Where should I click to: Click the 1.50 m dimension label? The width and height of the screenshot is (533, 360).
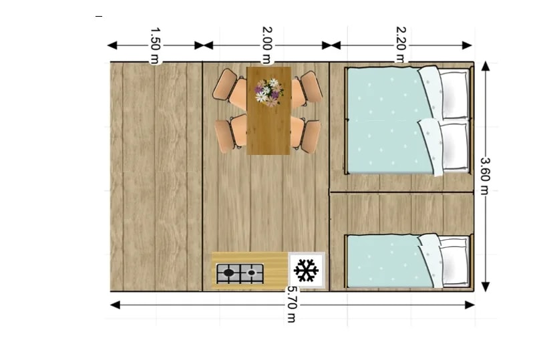point(154,46)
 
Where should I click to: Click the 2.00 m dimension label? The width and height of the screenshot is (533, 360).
point(267,45)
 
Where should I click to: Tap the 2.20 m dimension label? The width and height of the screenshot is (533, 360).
point(401,45)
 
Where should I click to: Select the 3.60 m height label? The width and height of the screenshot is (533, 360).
point(485,176)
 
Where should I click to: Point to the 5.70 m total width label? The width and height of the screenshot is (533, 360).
point(292,304)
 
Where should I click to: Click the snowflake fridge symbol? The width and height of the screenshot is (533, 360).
point(307,271)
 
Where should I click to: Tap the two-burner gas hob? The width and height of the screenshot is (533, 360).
point(240,273)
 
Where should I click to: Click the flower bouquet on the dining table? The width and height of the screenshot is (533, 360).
point(269,92)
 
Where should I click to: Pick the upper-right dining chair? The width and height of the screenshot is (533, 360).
point(307,88)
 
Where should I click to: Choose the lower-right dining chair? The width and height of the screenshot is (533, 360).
point(306,134)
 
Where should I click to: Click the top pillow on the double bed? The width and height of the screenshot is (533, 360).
point(454,94)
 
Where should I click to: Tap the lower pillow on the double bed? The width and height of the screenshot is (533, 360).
point(454,146)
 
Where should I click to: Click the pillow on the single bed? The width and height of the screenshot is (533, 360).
point(454,261)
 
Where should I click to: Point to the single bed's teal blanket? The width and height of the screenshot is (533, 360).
point(387,261)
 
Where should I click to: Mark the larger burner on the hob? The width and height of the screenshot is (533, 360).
point(228,273)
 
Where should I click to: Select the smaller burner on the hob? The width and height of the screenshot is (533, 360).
point(252,273)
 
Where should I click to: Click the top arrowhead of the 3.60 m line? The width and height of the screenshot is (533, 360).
point(486,66)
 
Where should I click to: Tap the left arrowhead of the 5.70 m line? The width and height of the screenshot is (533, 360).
point(116,305)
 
